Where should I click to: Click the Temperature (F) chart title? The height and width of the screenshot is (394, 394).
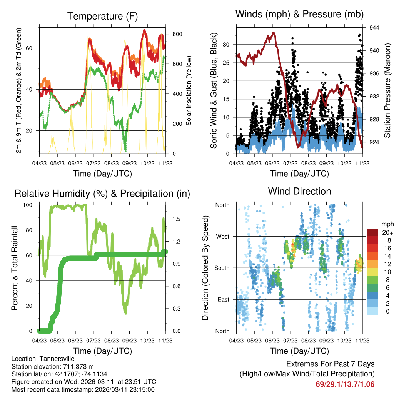click(102, 16)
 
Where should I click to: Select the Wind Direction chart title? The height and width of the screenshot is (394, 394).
click(299, 191)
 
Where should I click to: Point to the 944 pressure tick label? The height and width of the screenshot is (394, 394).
click(375, 28)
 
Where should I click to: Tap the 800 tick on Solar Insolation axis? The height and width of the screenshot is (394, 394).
click(177, 34)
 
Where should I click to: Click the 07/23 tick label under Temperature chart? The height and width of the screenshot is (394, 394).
click(93, 163)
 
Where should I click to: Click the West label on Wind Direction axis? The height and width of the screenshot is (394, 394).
click(222, 236)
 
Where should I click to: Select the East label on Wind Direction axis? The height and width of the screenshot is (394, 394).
click(223, 299)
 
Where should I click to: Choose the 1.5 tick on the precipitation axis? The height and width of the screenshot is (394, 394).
click(177, 219)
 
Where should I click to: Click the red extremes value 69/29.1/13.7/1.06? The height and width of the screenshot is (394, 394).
click(345, 384)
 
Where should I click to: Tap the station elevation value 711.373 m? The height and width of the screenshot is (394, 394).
click(74, 366)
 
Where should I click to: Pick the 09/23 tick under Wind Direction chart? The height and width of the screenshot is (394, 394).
click(326, 340)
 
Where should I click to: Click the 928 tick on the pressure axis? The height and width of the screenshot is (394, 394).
click(375, 119)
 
